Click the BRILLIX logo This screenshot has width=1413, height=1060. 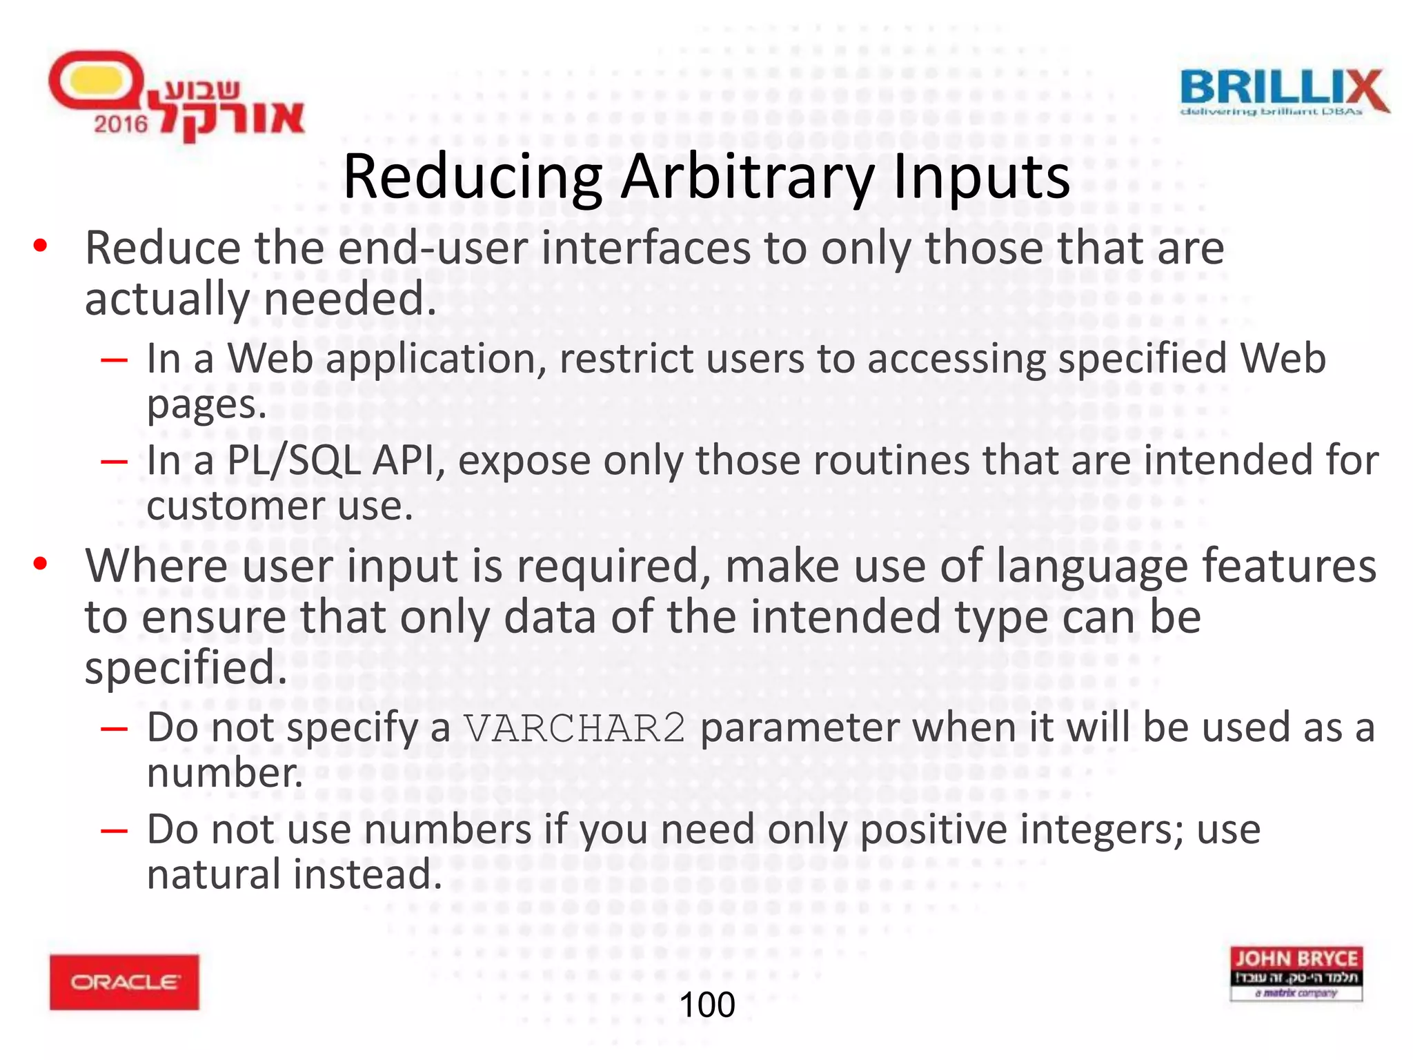point(1284,92)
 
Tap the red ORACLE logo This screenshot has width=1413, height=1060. point(124,981)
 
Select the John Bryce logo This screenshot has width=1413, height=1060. point(1296,973)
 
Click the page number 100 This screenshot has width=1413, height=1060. point(706,1005)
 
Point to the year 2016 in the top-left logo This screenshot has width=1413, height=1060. point(121,124)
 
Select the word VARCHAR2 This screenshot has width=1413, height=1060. point(575,728)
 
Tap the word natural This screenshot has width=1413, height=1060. point(214,874)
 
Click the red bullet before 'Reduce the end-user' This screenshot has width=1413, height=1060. point(41,246)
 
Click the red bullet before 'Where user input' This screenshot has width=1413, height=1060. point(41,564)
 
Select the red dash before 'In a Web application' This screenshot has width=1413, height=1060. point(114,360)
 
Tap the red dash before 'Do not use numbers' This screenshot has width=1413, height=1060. point(114,830)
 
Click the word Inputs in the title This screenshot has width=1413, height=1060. point(980,177)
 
